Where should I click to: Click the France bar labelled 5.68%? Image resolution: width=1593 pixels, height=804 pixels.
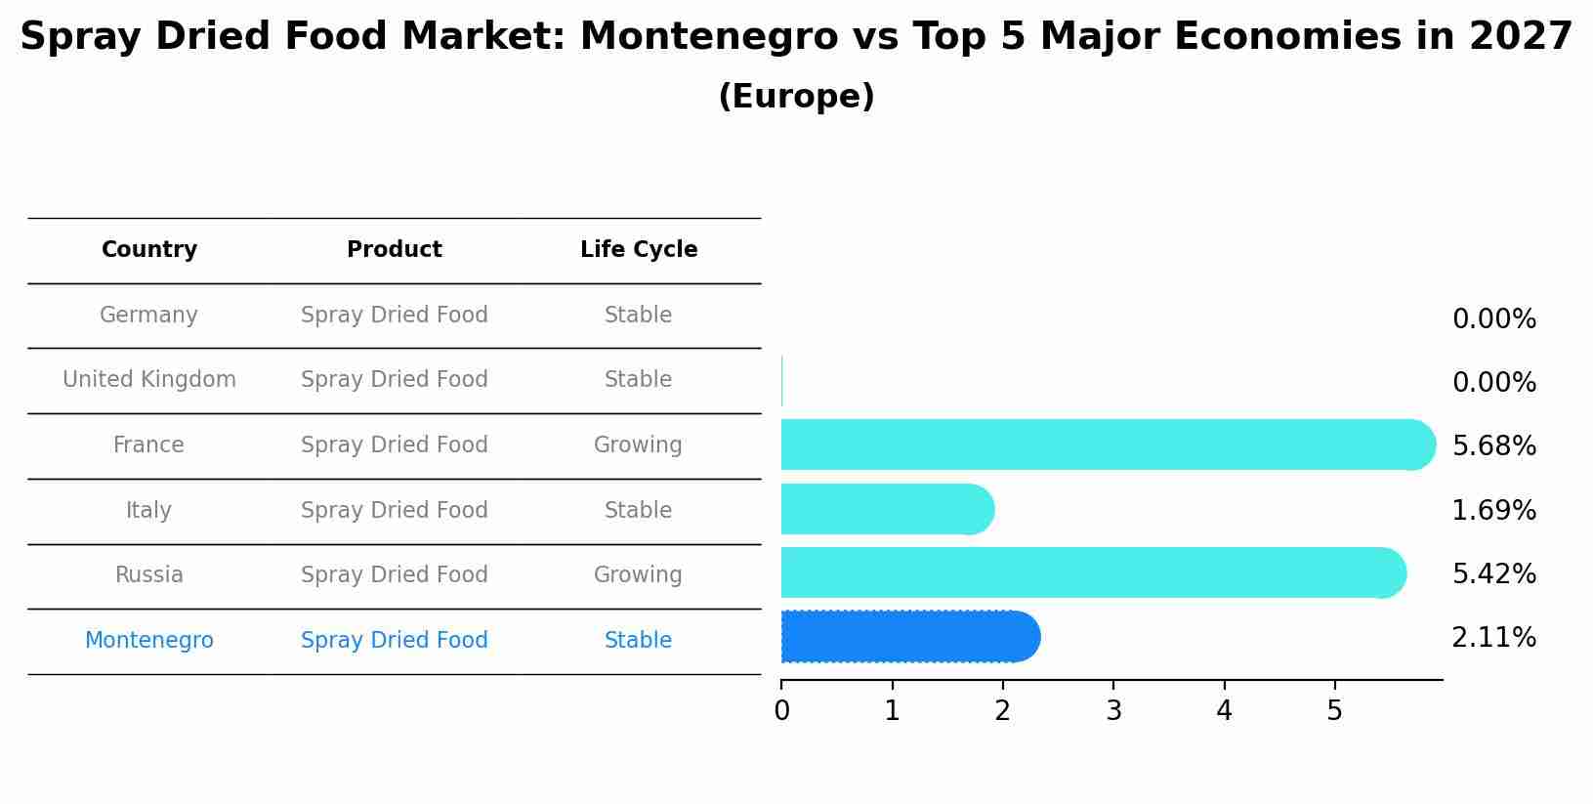click(x=1104, y=444)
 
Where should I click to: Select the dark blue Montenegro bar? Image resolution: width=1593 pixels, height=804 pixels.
click(x=908, y=637)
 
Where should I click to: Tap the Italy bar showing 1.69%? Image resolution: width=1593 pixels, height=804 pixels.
click(x=885, y=509)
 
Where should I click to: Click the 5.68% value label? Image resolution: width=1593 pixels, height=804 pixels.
click(x=1493, y=446)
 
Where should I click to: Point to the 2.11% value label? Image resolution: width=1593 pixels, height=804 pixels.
click(x=1493, y=638)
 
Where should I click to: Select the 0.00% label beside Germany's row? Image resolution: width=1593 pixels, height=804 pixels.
click(x=1493, y=319)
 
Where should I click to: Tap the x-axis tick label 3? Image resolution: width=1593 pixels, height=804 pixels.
click(x=1113, y=711)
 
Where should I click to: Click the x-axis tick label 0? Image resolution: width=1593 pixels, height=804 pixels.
click(x=781, y=711)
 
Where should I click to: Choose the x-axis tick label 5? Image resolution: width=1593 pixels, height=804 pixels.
click(x=1334, y=711)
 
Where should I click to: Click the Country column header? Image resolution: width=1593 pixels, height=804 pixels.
click(x=149, y=250)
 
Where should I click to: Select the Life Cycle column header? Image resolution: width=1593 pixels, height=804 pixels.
click(x=639, y=250)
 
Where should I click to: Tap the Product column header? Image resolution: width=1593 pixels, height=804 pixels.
click(x=395, y=250)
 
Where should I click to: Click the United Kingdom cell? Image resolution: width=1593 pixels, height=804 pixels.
click(x=149, y=380)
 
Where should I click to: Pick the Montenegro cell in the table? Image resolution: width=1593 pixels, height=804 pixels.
click(x=149, y=641)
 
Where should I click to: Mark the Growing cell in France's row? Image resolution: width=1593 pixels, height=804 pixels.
click(x=638, y=445)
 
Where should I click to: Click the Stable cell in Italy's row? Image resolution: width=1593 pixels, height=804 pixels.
click(x=638, y=511)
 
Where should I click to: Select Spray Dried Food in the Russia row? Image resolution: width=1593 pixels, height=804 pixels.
click(x=395, y=575)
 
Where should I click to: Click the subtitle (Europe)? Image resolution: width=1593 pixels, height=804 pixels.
click(x=796, y=97)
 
